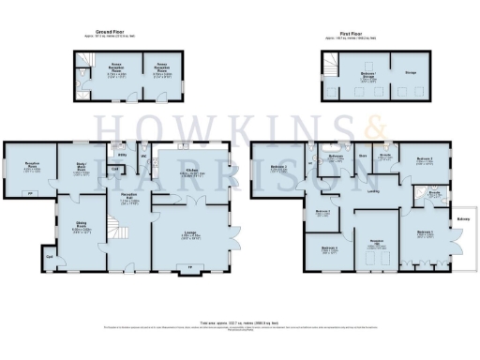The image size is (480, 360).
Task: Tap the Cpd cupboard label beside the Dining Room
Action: tap(48, 254)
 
